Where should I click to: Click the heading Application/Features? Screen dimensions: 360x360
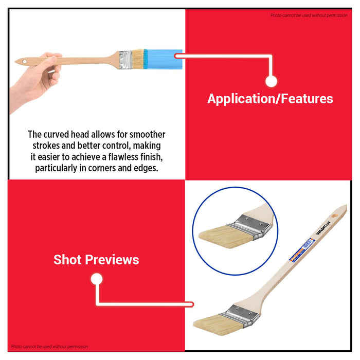(270, 99)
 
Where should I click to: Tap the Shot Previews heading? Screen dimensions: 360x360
(96, 260)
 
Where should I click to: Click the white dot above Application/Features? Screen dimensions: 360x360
(271, 81)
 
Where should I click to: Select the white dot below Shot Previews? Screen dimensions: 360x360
(96, 279)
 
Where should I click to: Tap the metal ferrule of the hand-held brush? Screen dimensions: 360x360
(125, 59)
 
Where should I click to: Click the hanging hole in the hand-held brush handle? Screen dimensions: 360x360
(22, 62)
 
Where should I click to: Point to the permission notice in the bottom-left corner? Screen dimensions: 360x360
(50, 347)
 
